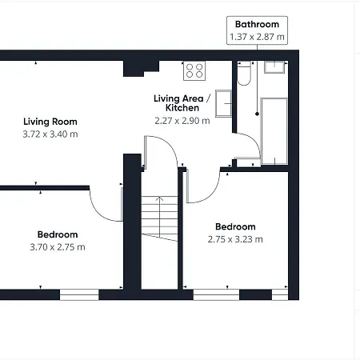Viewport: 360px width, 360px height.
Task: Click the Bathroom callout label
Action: point(257,24)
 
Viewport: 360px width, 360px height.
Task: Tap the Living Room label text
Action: point(50,122)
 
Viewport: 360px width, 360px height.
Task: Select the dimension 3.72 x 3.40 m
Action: point(50,134)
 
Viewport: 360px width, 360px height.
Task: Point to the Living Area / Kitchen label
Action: point(182,103)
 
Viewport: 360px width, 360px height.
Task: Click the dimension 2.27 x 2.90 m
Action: point(182,121)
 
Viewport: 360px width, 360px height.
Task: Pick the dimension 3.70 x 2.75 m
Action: point(58,247)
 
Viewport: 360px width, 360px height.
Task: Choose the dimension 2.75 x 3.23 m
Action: point(235,239)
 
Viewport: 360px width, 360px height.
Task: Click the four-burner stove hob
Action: point(194,70)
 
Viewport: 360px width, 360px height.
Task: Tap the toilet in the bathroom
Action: point(244,74)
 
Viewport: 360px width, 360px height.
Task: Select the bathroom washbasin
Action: point(274,67)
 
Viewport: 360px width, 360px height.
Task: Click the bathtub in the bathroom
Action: point(274,131)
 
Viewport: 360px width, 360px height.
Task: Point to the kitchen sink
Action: point(223,103)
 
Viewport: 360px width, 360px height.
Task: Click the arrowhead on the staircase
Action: point(159,198)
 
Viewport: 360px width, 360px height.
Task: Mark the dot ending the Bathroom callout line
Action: point(257,114)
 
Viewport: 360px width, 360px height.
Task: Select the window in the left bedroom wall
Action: point(79,294)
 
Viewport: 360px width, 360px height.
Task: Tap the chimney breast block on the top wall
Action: point(141,69)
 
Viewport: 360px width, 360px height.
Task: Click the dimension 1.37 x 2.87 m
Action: point(257,37)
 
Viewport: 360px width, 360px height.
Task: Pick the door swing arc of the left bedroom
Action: point(102,208)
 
